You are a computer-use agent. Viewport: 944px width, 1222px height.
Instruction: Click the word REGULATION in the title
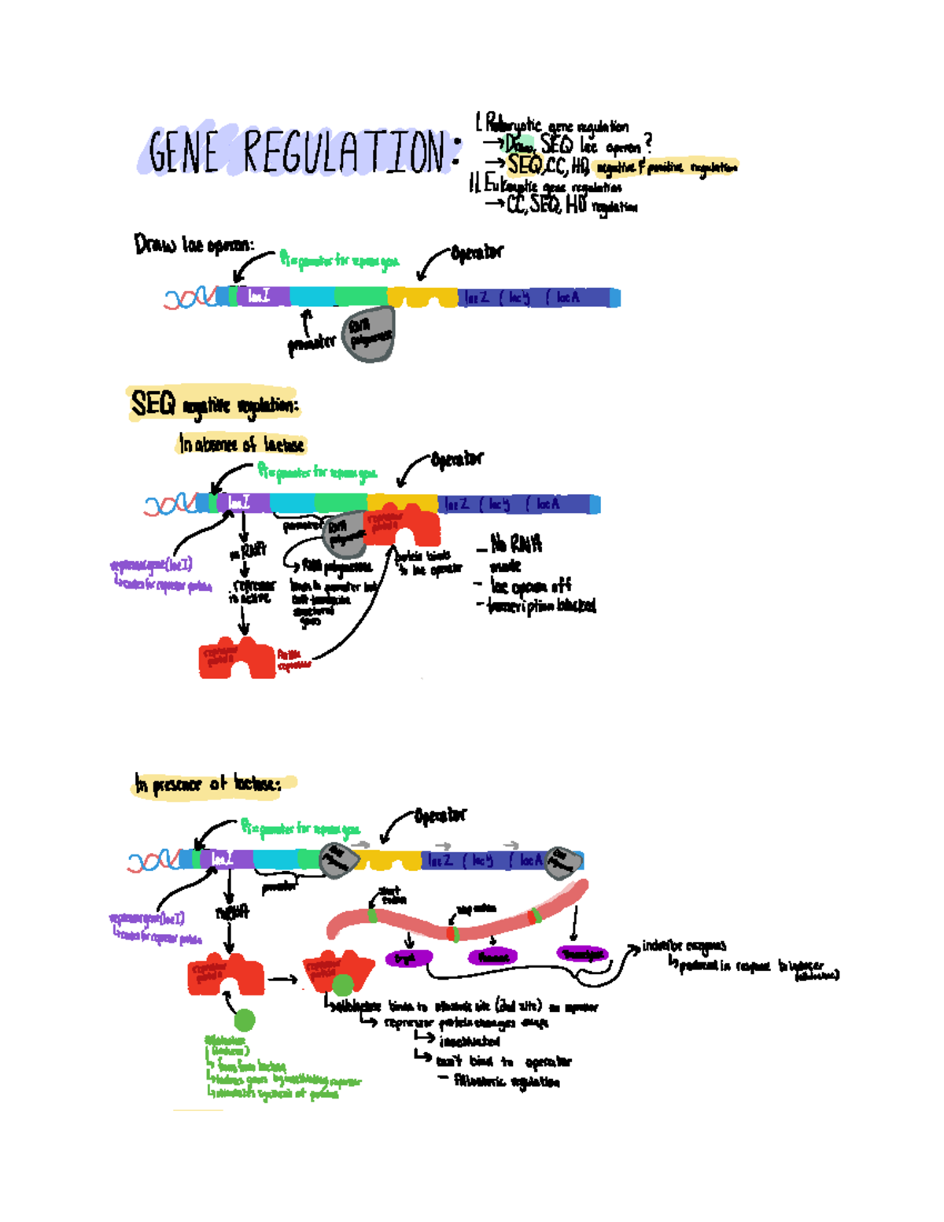(344, 151)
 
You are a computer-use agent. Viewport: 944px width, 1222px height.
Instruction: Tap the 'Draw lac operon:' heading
(194, 245)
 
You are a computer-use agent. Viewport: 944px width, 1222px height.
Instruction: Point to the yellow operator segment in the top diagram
(422, 297)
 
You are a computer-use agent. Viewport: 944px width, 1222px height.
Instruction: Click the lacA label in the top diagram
(567, 297)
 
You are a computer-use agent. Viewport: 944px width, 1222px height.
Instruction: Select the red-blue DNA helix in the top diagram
(189, 297)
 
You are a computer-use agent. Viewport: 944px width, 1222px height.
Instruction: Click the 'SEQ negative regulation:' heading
(213, 405)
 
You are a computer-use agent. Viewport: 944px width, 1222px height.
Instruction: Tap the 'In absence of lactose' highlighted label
(241, 445)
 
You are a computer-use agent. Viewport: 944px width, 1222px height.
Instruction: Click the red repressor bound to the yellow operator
(403, 526)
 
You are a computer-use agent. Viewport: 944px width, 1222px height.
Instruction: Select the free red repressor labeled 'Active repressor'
(236, 658)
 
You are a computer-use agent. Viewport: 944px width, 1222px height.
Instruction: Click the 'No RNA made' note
(515, 553)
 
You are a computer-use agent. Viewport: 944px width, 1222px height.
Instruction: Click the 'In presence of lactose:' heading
(208, 785)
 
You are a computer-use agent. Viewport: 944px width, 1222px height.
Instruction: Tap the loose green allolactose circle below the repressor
(245, 1020)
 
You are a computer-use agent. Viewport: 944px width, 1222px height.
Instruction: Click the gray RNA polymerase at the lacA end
(563, 862)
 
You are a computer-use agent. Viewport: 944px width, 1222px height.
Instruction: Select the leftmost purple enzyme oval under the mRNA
(408, 958)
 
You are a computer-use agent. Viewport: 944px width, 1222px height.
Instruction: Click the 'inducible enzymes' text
(684, 946)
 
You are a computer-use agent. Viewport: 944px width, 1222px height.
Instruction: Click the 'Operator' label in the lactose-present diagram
(440, 816)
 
